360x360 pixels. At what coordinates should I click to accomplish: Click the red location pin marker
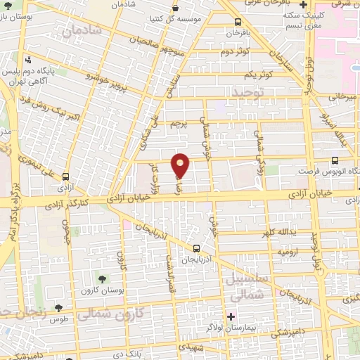(x=181, y=165)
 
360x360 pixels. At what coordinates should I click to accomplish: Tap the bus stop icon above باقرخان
(x=238, y=21)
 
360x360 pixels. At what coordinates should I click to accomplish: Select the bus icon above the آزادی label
(x=65, y=177)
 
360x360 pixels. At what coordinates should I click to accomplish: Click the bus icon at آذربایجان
(x=196, y=247)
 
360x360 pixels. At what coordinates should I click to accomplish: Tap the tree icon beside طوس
(x=59, y=307)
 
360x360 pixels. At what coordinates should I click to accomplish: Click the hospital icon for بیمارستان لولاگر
(x=232, y=316)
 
